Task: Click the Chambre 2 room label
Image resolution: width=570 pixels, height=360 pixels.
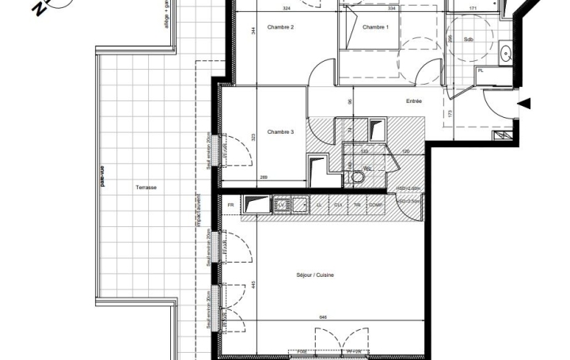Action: click(x=281, y=28)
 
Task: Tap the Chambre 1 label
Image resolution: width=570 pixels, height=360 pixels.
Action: click(x=375, y=28)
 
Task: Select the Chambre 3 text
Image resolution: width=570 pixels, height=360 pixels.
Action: click(x=281, y=131)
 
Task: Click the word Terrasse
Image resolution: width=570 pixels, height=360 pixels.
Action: click(x=146, y=188)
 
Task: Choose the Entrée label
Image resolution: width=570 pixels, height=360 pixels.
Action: click(x=413, y=101)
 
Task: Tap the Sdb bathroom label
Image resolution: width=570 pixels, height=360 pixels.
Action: click(x=469, y=39)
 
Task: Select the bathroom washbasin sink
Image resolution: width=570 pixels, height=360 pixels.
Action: click(x=505, y=54)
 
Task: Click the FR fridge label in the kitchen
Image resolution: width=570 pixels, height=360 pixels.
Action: click(x=230, y=205)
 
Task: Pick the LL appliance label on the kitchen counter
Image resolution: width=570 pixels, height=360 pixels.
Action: click(x=318, y=205)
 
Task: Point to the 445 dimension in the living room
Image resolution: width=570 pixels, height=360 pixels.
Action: click(x=254, y=285)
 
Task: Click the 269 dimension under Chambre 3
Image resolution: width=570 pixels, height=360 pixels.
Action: click(x=263, y=177)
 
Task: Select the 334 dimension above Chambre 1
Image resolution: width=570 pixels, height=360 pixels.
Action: click(x=392, y=9)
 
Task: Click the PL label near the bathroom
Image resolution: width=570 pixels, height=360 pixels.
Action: click(x=481, y=71)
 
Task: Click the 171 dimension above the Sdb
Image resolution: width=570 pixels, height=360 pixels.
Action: click(x=473, y=9)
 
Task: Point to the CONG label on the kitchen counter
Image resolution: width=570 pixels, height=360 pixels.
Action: click(x=376, y=205)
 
